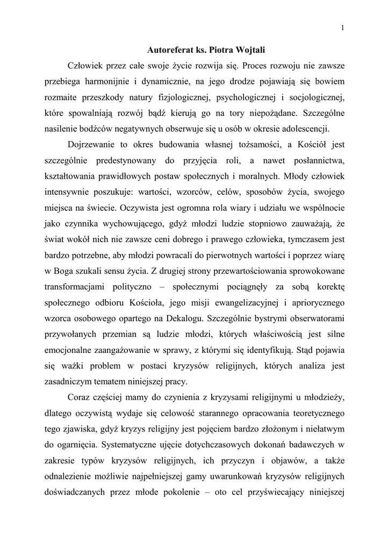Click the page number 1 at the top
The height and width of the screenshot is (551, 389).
click(342, 28)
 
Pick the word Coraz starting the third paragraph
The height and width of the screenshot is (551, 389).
click(80, 398)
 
